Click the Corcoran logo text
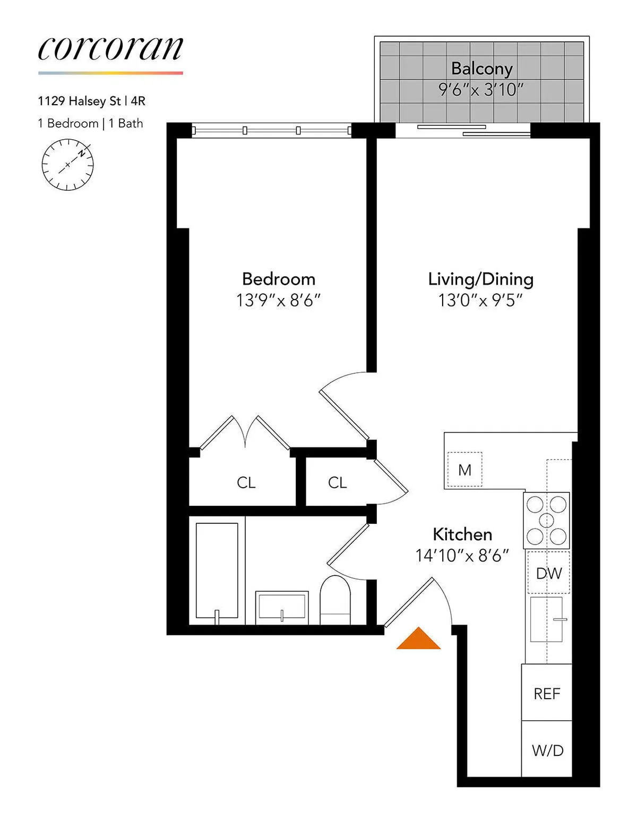pos(110,49)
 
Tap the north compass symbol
pos(67,165)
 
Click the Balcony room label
pos(481,69)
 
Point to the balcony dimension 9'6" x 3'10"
pos(481,89)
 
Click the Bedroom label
pos(278,279)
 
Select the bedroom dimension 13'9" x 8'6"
pos(278,301)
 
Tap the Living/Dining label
pos(480,279)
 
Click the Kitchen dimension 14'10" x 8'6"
pos(462,556)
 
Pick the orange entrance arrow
pos(419,639)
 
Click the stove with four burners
pos(546,520)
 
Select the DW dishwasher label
pos(548,573)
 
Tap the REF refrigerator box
pos(547,693)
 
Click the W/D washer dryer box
pos(547,750)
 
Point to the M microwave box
pos(464,470)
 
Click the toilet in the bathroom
pos(335,600)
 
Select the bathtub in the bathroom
pos(217,571)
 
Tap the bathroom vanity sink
pos(281,607)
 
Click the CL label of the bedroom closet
pos(246,482)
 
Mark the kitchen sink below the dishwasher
pos(547,619)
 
